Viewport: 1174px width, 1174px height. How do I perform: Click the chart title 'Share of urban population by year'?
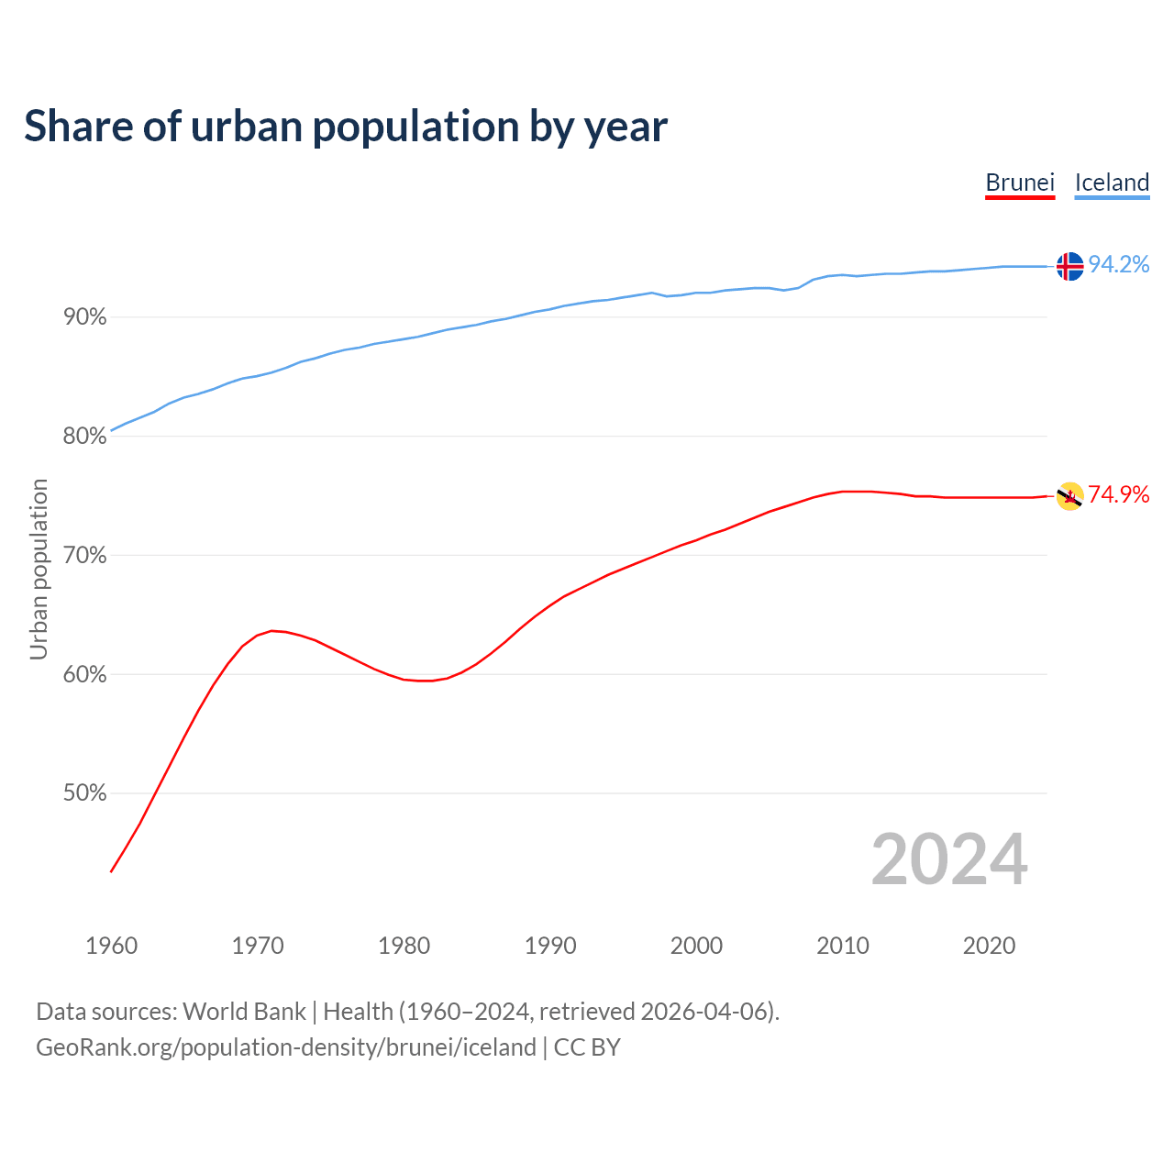pos(346,126)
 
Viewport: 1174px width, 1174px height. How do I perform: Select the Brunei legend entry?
pos(1020,183)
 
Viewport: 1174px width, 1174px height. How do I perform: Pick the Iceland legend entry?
pos(1112,183)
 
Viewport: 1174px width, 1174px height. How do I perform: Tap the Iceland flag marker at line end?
pos(1069,266)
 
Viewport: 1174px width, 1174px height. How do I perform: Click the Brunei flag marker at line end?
pos(1069,496)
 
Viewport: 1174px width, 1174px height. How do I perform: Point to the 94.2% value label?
pos(1119,265)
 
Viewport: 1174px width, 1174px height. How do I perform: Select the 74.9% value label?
pos(1119,495)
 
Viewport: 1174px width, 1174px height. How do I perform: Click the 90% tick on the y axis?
pos(84,317)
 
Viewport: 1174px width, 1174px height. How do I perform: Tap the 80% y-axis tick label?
pos(84,437)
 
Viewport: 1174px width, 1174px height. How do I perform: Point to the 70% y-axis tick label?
pos(84,556)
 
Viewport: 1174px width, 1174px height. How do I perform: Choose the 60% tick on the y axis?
pos(84,675)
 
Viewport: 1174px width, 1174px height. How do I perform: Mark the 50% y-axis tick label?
pos(84,793)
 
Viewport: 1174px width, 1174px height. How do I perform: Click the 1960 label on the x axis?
pos(111,946)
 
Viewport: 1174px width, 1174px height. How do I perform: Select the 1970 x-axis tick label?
pos(258,946)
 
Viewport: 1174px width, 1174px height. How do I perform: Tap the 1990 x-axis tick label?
pos(550,946)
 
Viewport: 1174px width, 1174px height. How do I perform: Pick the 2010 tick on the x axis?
pos(843,946)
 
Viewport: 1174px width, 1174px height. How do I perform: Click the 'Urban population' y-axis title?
pos(39,569)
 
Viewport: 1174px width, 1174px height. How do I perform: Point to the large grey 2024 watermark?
pos(949,859)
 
